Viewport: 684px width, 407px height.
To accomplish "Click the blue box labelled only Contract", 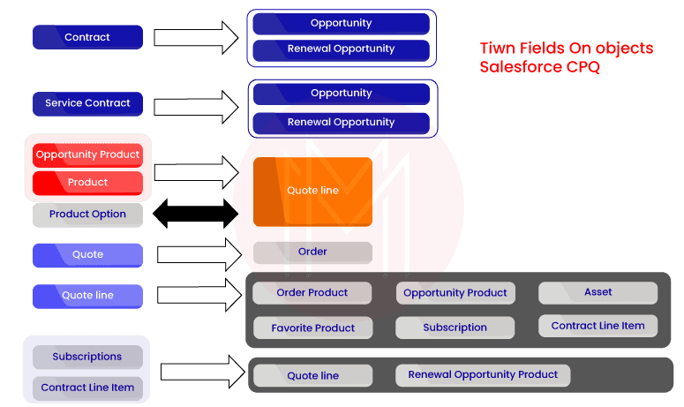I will pyautogui.click(x=87, y=37).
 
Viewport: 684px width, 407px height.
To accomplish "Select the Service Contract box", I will pyautogui.click(x=87, y=103).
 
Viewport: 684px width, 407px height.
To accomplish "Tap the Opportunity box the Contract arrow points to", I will pyautogui.click(x=341, y=23).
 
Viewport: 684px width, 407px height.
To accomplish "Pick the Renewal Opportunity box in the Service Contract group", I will pyautogui.click(x=341, y=123).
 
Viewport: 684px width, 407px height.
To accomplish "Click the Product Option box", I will pyautogui.click(x=87, y=215).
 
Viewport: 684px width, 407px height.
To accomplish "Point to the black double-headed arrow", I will pyautogui.click(x=195, y=214).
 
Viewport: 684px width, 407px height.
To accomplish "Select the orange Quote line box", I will pyautogui.click(x=312, y=191).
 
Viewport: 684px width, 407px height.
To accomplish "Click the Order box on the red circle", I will pyautogui.click(x=312, y=252).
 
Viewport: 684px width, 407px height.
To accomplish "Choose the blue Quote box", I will pyautogui.click(x=87, y=255).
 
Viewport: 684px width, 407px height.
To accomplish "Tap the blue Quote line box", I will pyautogui.click(x=87, y=296).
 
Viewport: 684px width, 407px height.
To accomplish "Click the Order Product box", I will pyautogui.click(x=312, y=292).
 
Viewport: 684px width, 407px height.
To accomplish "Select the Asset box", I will pyautogui.click(x=598, y=292).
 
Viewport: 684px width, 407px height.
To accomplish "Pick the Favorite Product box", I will pyautogui.click(x=312, y=328).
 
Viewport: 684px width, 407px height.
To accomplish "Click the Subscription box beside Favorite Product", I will pyautogui.click(x=455, y=328).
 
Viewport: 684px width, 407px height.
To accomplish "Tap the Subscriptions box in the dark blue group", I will pyautogui.click(x=87, y=357).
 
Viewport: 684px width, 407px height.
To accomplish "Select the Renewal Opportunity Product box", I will pyautogui.click(x=482, y=375).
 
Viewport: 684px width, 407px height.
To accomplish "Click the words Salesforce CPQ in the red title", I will pyautogui.click(x=539, y=67).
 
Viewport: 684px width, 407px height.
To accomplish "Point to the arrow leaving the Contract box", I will pyautogui.click(x=195, y=37).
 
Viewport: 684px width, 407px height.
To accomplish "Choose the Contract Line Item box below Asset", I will pyautogui.click(x=598, y=326).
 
